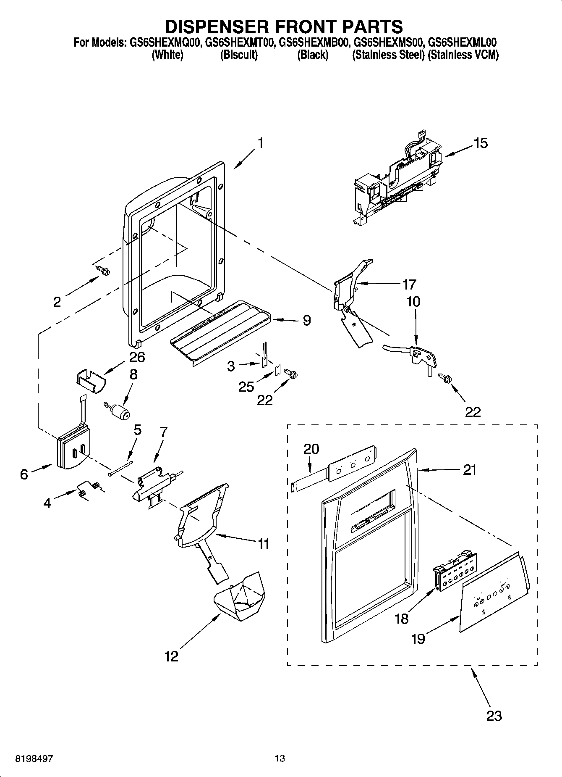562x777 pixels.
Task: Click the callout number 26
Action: tap(137, 357)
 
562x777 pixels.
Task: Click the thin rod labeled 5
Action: tap(120, 468)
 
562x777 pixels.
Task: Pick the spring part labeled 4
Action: tap(89, 489)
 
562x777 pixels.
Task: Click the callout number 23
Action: tap(494, 715)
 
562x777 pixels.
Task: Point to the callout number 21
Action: tap(470, 469)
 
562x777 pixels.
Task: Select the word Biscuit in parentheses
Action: tap(239, 55)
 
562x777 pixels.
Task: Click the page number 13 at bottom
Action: tap(280, 759)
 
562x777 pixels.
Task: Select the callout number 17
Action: tap(409, 284)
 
